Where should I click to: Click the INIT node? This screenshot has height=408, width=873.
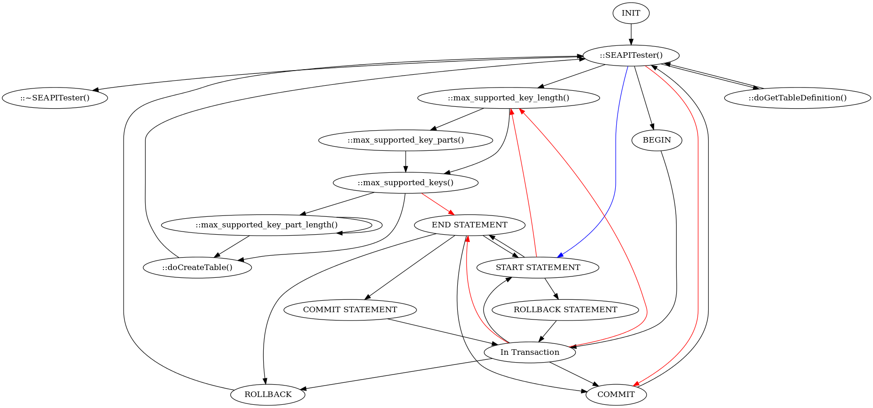coord(631,13)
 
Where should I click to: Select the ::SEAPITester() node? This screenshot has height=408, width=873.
coord(631,55)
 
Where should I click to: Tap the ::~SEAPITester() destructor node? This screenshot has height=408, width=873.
coord(55,98)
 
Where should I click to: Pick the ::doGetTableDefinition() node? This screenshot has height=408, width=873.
coord(797,98)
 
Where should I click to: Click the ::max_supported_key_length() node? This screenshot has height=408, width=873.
coord(508,98)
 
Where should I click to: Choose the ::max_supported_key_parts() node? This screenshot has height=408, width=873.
coord(406,140)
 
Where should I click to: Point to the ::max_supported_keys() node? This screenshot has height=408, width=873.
coord(406,183)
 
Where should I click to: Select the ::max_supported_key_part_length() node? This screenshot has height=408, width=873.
coord(266,225)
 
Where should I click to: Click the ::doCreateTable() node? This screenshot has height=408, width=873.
coord(197,268)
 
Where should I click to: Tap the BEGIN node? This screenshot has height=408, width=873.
coord(656,140)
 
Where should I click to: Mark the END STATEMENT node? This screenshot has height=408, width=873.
coord(469,225)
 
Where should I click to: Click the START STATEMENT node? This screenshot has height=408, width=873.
coord(537,268)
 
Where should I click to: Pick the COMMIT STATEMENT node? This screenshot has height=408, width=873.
coord(350,310)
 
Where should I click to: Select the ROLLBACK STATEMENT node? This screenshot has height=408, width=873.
coord(565,310)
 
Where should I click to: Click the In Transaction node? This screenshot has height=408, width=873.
coord(530,353)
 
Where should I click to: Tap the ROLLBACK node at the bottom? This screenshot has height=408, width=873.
coord(268,395)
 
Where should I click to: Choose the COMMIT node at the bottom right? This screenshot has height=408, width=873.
coord(616,395)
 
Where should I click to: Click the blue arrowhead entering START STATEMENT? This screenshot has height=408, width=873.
coord(560,255)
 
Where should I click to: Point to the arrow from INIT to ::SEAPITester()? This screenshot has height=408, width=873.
coord(631,34)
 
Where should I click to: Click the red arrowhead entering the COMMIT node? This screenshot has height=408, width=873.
coord(636,384)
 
